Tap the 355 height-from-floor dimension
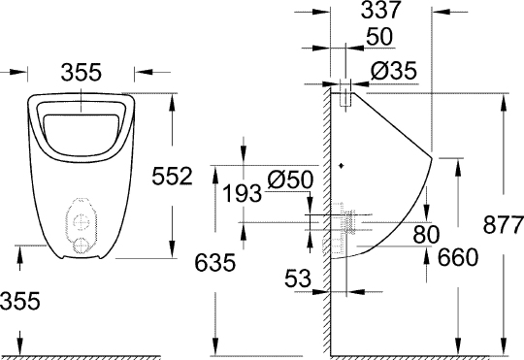point(20,302)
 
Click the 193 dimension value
point(241,192)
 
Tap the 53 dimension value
point(298,279)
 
